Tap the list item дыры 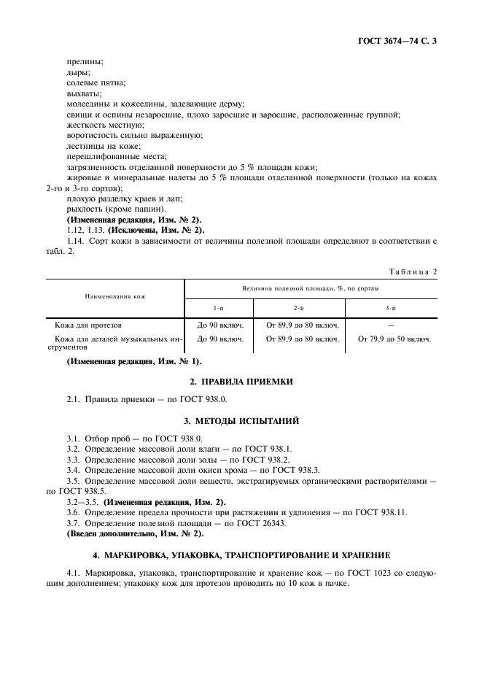pos(78,73)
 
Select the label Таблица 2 pos(413,271)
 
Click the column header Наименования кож pos(115,298)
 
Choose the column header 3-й pos(392,309)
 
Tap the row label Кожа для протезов pos(93,325)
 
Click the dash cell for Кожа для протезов pos(392,325)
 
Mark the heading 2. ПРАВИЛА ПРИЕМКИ pos(240,382)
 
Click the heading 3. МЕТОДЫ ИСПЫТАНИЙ pos(240,420)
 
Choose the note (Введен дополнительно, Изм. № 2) pos(135,533)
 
